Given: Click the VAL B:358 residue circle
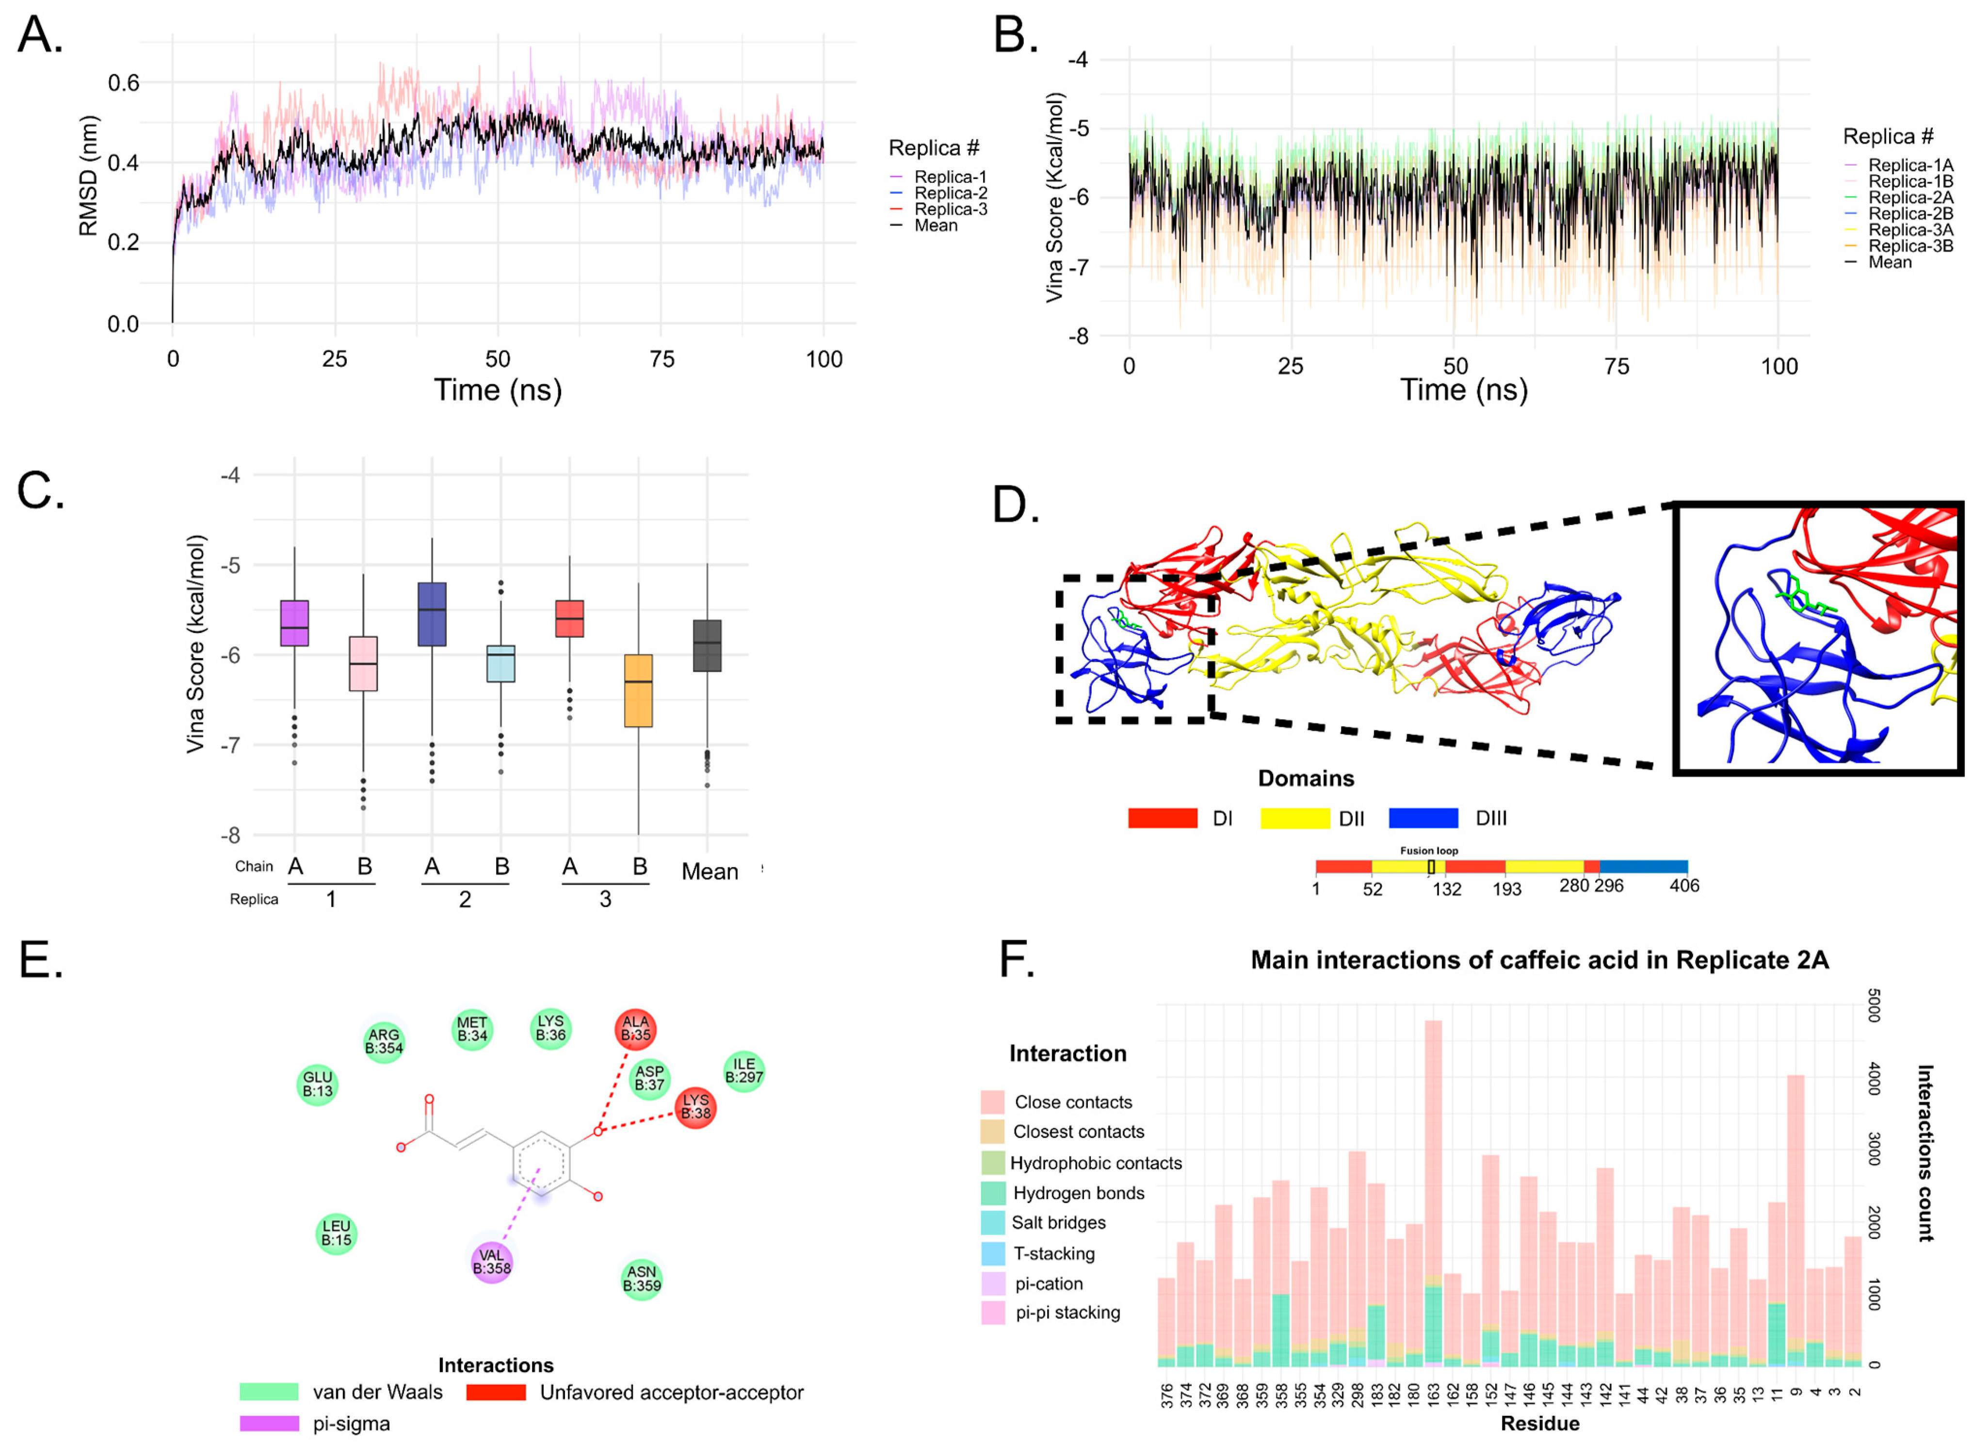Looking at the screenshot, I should (491, 1261).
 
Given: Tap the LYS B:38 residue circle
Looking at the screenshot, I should (696, 1107).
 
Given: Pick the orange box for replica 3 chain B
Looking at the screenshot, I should (638, 690).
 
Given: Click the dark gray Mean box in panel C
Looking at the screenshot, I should (707, 646).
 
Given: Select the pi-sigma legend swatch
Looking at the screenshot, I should (269, 1424).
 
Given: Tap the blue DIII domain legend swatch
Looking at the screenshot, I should (1423, 818).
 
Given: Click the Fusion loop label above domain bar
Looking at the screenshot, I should (1429, 851).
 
